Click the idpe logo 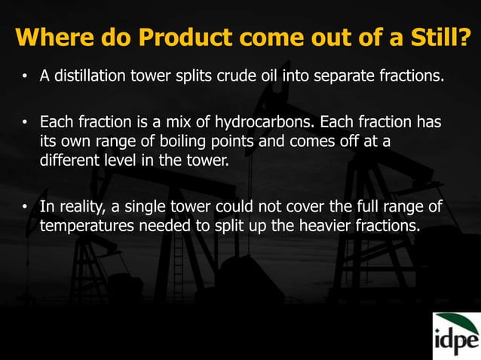pyautogui.click(x=456, y=336)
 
